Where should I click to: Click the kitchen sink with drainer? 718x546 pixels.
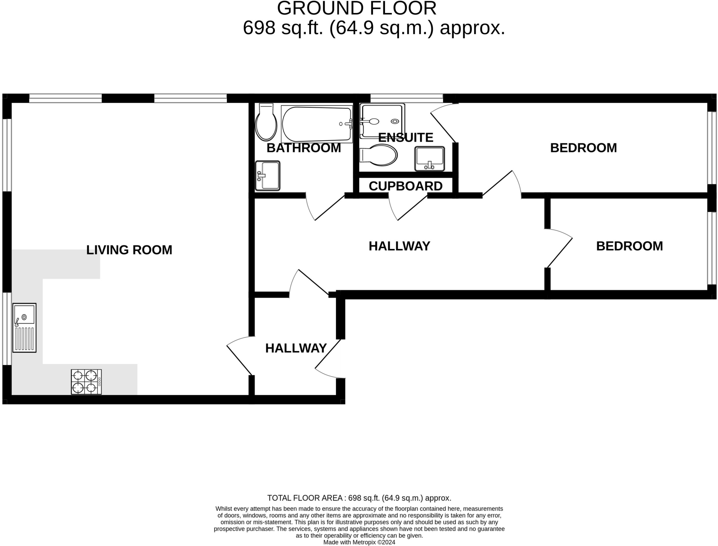(24, 328)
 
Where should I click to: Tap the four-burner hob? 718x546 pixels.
(86, 382)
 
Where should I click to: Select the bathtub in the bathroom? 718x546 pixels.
(317, 124)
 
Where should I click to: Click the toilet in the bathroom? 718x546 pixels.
(266, 122)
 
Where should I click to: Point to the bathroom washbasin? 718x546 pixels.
(267, 176)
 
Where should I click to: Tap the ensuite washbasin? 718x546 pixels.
(429, 159)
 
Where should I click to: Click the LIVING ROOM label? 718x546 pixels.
(129, 250)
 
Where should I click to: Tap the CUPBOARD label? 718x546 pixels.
(405, 186)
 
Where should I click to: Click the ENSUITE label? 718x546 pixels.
(406, 137)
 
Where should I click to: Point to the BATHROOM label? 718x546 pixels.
(304, 148)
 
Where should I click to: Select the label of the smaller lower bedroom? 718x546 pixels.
(629, 246)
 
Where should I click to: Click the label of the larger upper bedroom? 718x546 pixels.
(583, 148)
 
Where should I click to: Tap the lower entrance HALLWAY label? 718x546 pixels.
(296, 348)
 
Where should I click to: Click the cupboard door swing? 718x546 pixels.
(407, 209)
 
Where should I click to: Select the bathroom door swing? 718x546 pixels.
(324, 209)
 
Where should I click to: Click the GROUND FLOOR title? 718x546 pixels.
(357, 8)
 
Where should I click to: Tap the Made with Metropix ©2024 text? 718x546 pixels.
(359, 542)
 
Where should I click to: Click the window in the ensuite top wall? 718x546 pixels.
(407, 98)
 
